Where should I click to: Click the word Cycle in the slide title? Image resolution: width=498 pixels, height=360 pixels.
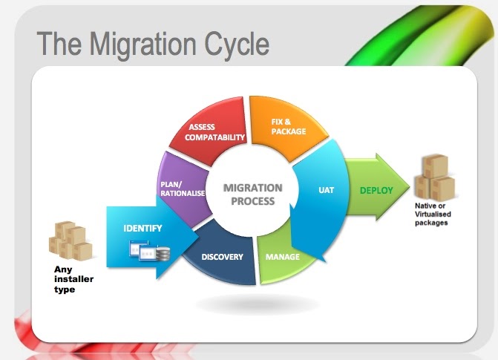click(237, 44)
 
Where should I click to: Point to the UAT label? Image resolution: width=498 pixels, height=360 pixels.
click(326, 190)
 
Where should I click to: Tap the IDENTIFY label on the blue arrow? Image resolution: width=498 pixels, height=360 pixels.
click(142, 227)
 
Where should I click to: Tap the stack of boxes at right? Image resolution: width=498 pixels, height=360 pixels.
click(435, 178)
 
